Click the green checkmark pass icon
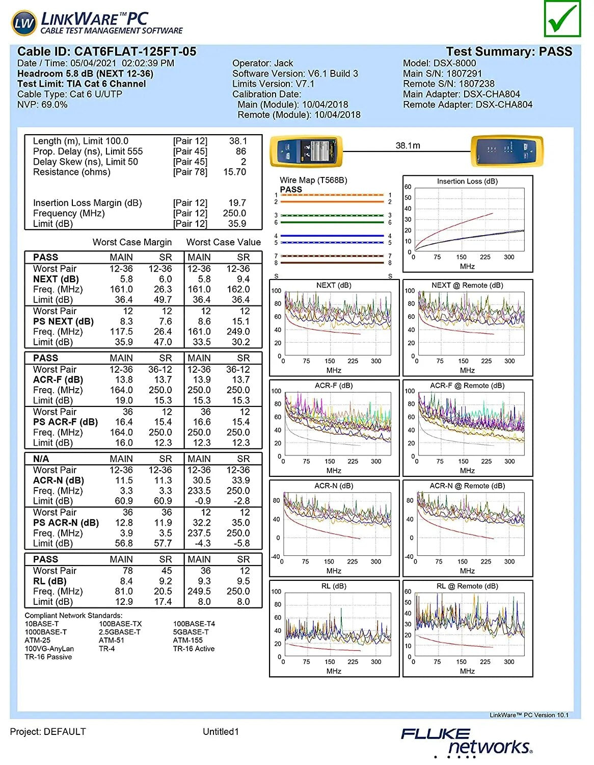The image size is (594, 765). click(562, 19)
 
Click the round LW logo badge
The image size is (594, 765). click(24, 23)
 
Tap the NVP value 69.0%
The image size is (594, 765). click(54, 105)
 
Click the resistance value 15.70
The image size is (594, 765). click(234, 172)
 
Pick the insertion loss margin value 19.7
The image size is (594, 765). click(237, 203)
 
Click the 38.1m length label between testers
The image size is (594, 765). click(408, 145)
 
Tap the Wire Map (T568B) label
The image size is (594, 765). click(313, 180)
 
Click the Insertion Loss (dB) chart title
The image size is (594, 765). click(467, 181)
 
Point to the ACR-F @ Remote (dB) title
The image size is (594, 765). click(467, 386)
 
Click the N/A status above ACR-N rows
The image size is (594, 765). click(41, 458)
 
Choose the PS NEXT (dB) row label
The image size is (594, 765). click(63, 321)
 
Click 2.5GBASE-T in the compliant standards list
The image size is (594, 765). click(120, 632)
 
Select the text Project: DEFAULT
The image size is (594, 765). click(48, 732)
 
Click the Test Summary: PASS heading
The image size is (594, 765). click(509, 52)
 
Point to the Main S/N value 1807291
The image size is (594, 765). click(464, 73)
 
